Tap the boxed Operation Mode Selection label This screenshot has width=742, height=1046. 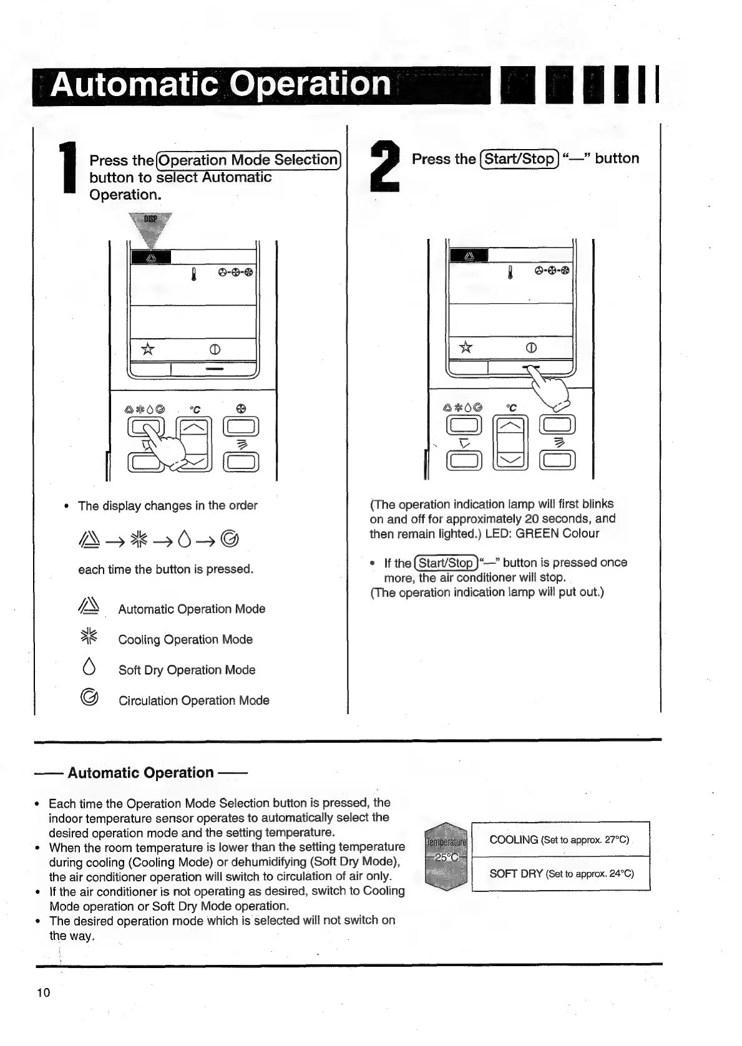(248, 160)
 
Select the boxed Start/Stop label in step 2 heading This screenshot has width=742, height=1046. (519, 158)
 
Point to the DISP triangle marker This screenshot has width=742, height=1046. (150, 228)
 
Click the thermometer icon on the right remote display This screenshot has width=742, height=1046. (510, 271)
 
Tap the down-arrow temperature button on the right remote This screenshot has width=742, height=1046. (510, 461)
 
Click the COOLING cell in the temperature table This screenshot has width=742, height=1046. (560, 840)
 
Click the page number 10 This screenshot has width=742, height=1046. (43, 993)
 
